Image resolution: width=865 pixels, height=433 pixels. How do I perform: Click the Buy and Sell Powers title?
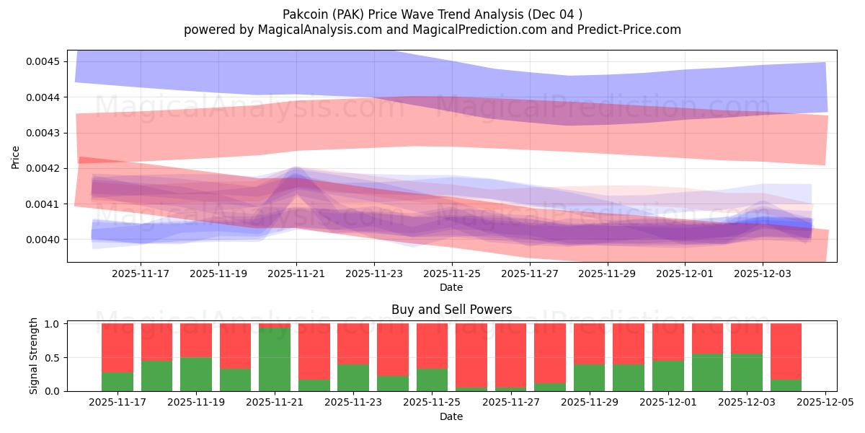451,310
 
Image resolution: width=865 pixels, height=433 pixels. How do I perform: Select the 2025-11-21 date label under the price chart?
296,274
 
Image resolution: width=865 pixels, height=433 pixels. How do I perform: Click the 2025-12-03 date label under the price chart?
763,274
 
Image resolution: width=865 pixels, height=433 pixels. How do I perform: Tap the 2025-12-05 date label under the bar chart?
825,402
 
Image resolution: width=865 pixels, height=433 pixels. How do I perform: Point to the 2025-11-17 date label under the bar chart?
117,402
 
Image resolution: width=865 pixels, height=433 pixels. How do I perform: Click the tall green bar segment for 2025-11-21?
275,359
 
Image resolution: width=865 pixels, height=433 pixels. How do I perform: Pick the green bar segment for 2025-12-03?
746,372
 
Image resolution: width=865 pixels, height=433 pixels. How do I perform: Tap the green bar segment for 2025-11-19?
196,374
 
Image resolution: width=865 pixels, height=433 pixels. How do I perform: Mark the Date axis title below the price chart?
451,287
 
